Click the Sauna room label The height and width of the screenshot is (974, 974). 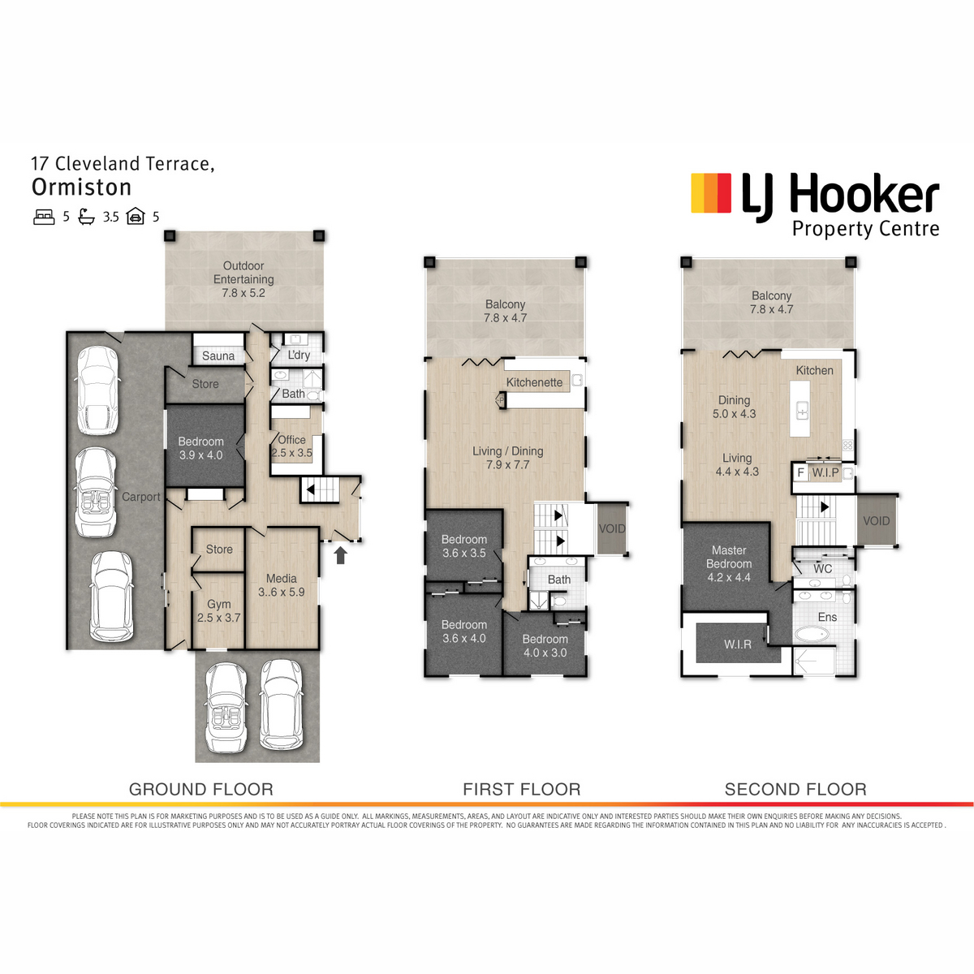[x=218, y=356]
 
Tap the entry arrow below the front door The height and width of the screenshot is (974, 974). [x=341, y=555]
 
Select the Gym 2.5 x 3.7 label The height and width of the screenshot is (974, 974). [x=219, y=610]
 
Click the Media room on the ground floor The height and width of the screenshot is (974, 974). [x=282, y=588]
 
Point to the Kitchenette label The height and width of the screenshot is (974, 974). [x=534, y=382]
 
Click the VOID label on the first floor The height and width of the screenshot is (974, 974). [x=612, y=528]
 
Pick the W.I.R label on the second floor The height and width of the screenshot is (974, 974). [x=738, y=644]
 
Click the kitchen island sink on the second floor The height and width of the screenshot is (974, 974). [x=802, y=410]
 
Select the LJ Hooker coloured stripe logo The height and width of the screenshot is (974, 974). [x=711, y=192]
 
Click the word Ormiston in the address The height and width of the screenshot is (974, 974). [x=81, y=187]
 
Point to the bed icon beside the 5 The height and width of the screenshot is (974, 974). [x=44, y=217]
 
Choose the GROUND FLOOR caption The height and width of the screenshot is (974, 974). [x=201, y=789]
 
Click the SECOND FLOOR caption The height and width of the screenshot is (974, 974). [x=795, y=789]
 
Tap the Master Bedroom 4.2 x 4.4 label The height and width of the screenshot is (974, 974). [x=729, y=563]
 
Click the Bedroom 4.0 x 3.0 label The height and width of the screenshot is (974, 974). [x=545, y=645]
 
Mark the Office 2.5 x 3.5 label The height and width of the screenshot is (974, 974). [x=291, y=446]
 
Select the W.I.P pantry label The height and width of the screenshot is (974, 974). [x=825, y=473]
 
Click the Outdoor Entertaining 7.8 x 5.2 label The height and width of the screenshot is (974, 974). [x=243, y=279]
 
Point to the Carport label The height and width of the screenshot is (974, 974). [x=141, y=497]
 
